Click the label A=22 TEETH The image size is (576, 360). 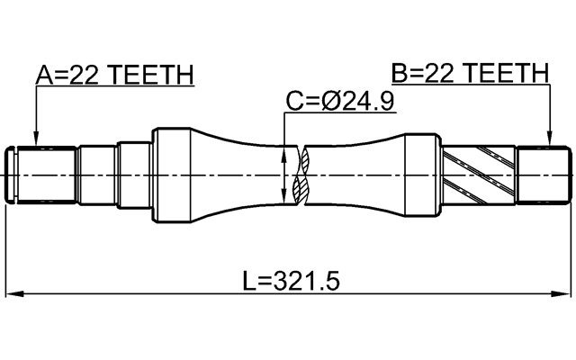click(x=114, y=76)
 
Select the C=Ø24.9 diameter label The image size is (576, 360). click(x=339, y=102)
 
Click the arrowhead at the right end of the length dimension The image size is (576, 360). click(x=565, y=293)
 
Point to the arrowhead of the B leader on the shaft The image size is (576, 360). click(x=549, y=141)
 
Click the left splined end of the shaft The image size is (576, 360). click(x=40, y=172)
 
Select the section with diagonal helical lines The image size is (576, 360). click(x=482, y=172)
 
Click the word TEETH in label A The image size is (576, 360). click(x=154, y=76)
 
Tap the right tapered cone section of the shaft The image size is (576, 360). click(x=369, y=172)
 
